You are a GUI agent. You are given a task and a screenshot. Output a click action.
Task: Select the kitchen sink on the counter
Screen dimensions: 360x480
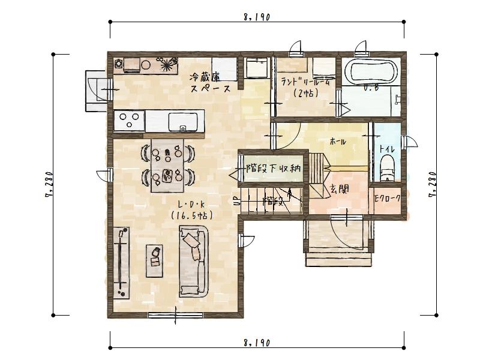point(184,122)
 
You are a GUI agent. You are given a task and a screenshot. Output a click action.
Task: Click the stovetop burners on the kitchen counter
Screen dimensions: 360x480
point(129,122)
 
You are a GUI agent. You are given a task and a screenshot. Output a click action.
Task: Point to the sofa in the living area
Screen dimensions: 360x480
point(193,261)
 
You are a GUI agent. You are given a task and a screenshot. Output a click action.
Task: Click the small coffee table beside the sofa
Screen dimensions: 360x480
point(155,260)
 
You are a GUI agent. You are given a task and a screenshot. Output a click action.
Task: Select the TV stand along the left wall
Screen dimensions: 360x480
point(122,262)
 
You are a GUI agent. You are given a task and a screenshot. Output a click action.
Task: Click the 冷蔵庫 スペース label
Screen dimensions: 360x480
point(210,82)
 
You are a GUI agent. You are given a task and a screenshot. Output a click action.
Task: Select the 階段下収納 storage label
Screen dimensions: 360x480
point(273,169)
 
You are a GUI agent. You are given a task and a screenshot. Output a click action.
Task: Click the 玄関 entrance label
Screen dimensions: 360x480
point(340,189)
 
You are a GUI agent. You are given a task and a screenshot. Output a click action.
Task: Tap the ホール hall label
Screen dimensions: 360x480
point(338,142)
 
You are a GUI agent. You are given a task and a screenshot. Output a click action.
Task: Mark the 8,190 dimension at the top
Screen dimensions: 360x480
point(256,17)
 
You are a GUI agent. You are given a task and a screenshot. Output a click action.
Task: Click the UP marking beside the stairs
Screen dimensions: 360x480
point(236,202)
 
